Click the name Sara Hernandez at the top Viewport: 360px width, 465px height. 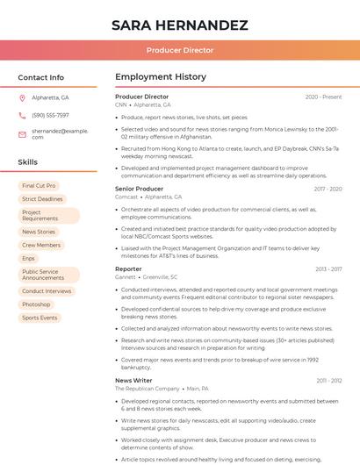179,25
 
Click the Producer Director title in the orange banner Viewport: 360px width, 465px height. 179,51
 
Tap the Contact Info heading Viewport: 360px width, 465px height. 40,77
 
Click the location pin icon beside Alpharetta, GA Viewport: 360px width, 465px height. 22,97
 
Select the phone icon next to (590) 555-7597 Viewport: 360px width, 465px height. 22,115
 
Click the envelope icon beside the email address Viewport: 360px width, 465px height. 22,133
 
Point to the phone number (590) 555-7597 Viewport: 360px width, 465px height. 50,115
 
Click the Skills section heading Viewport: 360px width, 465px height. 27,162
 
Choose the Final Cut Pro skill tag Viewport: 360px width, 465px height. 39,186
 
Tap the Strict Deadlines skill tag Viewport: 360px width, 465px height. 42,199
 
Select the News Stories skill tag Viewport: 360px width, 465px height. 39,232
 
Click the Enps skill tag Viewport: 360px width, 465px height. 29,258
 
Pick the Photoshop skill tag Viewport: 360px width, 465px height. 36,304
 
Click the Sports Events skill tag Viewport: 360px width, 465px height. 40,318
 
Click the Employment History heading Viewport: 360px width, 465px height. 160,77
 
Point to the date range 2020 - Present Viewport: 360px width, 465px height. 323,97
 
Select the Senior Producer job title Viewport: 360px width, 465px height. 139,189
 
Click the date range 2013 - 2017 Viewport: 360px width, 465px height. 328,269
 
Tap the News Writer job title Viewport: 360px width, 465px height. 133,381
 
